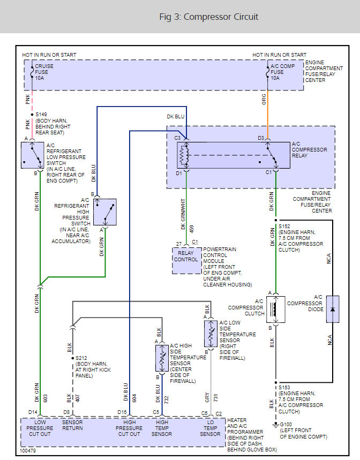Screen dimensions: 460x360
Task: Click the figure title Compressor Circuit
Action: pyautogui.click(x=208, y=17)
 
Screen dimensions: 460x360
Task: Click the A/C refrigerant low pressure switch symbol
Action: pyautogui.click(x=32, y=155)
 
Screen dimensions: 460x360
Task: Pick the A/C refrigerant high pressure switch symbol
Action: pyautogui.click(x=104, y=212)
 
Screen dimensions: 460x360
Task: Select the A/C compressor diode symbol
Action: pyautogui.click(x=332, y=309)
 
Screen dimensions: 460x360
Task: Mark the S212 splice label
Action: pyautogui.click(x=81, y=358)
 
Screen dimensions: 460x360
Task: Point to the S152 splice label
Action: pyautogui.click(x=284, y=227)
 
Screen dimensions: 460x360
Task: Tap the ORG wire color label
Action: pyautogui.click(x=264, y=100)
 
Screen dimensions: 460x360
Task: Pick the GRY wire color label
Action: pyautogui.click(x=207, y=397)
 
